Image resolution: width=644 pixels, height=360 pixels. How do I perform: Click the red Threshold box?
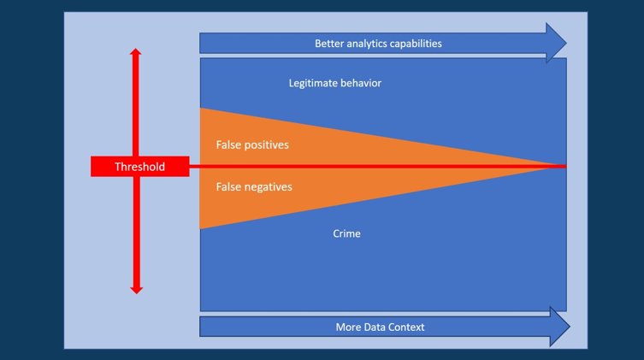pos(139,167)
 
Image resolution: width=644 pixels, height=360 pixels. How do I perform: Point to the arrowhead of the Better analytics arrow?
pos(556,43)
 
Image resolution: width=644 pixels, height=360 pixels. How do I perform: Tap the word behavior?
pos(362,83)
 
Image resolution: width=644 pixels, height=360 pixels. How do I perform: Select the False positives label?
pos(252,145)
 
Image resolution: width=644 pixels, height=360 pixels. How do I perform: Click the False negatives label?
pos(254,186)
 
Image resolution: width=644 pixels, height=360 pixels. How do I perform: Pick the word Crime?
pos(346,233)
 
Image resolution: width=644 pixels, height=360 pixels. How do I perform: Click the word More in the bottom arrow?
pos(350,327)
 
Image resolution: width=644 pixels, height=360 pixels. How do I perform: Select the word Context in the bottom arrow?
pos(408,327)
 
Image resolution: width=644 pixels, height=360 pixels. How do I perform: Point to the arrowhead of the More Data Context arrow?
pos(559,327)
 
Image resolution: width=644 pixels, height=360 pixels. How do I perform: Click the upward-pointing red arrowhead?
pos(135,53)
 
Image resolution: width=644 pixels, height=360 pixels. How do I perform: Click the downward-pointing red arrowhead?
pos(135,290)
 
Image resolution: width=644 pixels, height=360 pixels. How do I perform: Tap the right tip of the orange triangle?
pos(564,166)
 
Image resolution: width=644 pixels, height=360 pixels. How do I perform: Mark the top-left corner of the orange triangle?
pos(202,109)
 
